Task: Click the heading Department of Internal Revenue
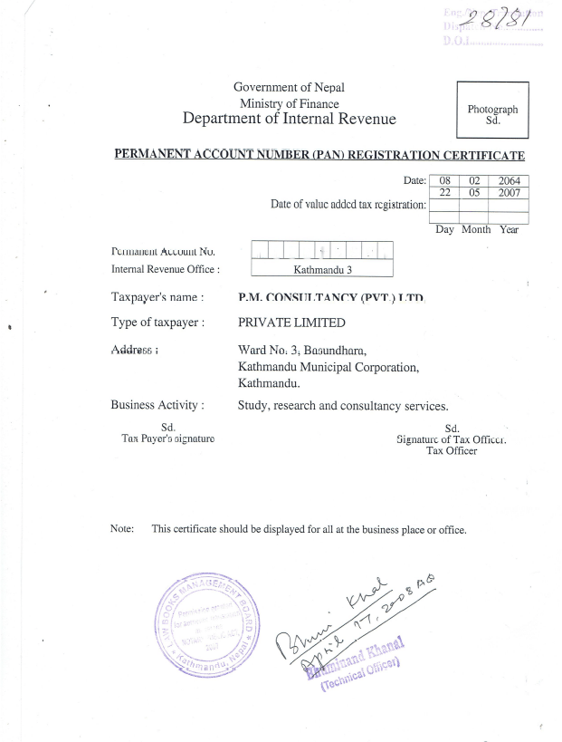(289, 119)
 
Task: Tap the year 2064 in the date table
(509, 181)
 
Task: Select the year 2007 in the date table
(509, 193)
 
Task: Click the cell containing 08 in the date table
(444, 181)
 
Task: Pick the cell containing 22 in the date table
(444, 193)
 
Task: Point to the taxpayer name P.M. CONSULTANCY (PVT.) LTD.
(330, 297)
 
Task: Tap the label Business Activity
(157, 405)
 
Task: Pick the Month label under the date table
(476, 229)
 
